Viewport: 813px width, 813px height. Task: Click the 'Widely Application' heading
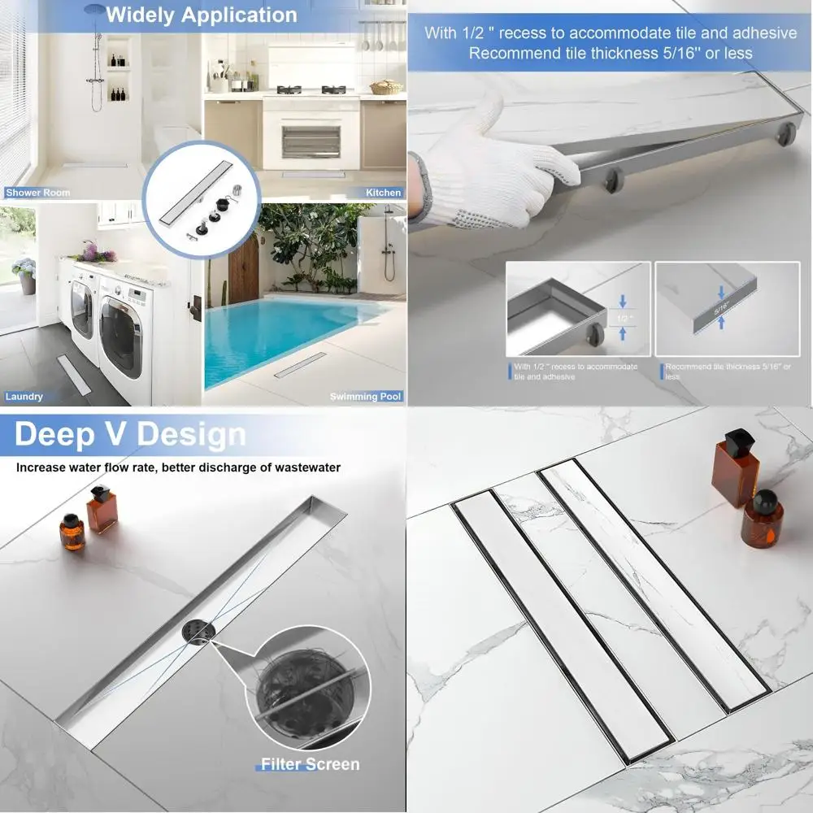pos(202,15)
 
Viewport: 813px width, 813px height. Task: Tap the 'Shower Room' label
pos(37,193)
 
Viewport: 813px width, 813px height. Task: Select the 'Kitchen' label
pos(383,193)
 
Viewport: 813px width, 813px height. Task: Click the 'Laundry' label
pos(24,397)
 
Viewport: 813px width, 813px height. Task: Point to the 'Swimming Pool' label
pos(365,397)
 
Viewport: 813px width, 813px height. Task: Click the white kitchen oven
pos(311,134)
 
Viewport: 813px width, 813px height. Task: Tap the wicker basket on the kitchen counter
pos(386,87)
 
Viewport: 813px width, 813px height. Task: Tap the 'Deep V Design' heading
pos(130,435)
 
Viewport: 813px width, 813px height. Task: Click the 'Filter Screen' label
pos(310,764)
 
